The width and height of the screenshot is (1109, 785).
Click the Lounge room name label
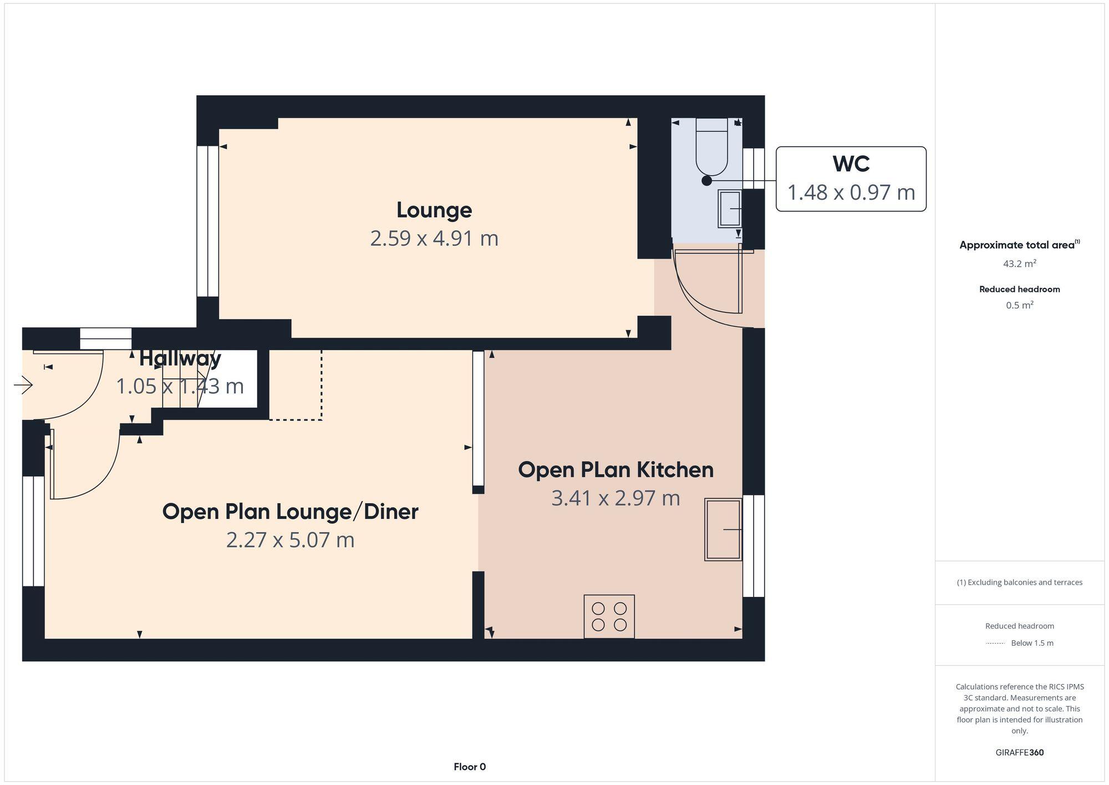[434, 210]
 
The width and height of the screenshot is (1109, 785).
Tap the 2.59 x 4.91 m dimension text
[434, 239]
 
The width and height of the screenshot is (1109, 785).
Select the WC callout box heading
[851, 164]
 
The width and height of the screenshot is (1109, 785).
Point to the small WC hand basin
[730, 209]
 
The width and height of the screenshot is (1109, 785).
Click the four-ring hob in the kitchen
[609, 616]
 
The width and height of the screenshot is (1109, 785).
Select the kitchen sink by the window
[723, 529]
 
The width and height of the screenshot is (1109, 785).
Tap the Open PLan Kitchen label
[615, 470]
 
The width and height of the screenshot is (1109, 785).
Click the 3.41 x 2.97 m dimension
[615, 498]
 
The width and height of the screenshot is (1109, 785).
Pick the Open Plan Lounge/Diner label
[290, 511]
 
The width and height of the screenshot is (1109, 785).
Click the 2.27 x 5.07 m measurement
[290, 540]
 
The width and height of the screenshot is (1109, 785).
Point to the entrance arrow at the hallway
[24, 384]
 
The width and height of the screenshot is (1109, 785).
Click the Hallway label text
[180, 358]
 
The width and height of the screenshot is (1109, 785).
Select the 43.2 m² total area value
[1019, 264]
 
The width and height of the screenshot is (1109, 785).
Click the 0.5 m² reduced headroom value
[1019, 306]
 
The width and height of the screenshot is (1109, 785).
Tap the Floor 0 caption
[470, 767]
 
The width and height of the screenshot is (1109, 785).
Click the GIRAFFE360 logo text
[1019, 753]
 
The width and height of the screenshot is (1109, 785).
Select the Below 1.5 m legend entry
[1031, 643]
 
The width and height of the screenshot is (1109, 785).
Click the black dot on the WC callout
[706, 180]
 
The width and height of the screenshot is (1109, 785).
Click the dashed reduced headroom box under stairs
[296, 385]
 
